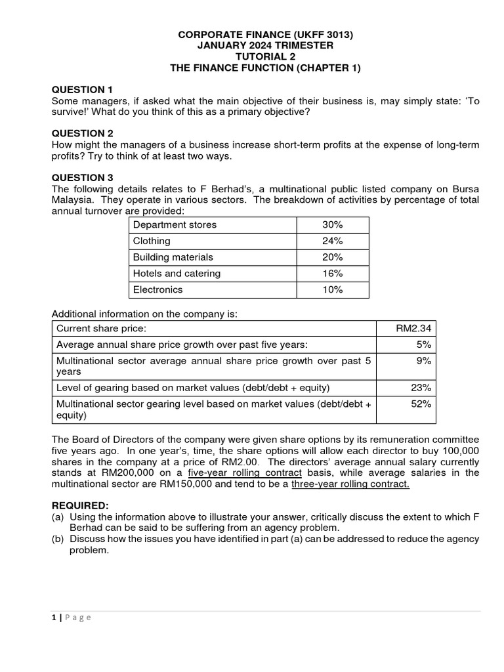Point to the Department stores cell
(x=175, y=225)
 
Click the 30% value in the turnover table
(x=332, y=225)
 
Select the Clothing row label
(x=152, y=241)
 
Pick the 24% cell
(x=332, y=241)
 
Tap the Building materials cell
(x=173, y=257)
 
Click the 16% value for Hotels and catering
(x=332, y=274)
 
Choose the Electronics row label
(x=158, y=289)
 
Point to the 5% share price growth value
(x=425, y=345)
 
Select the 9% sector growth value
(x=425, y=360)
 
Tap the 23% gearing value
(x=421, y=388)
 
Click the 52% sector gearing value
(x=421, y=404)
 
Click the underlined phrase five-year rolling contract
(x=245, y=473)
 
